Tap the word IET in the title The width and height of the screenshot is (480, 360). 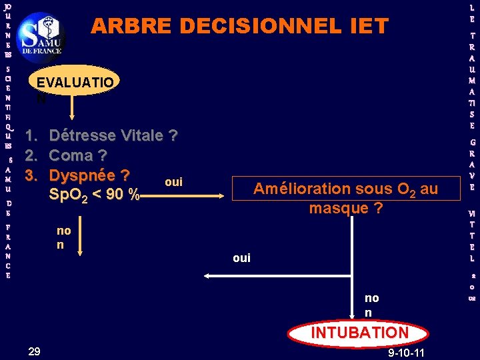[366, 26]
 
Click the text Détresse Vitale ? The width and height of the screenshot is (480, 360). [113, 136]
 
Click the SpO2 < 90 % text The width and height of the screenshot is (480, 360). [94, 195]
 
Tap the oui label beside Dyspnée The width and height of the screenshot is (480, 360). [173, 182]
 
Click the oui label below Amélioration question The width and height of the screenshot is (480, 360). [241, 258]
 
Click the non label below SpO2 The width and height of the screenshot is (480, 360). [64, 237]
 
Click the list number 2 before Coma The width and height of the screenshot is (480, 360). [29, 156]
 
